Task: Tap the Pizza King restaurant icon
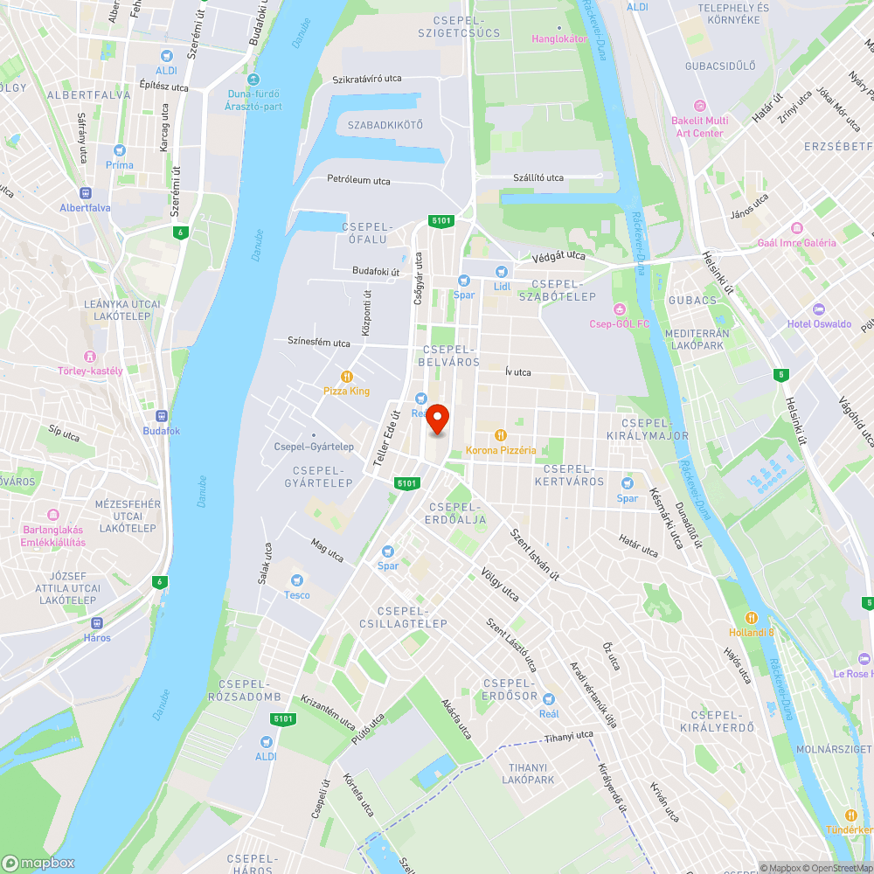click(x=347, y=376)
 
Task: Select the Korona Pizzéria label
click(x=501, y=449)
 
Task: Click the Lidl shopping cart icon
click(x=501, y=271)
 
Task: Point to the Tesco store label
click(x=297, y=595)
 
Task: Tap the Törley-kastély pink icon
click(x=90, y=356)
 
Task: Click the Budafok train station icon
click(x=162, y=416)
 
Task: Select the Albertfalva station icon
click(x=85, y=193)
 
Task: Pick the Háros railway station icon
click(x=97, y=623)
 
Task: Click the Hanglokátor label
click(x=559, y=38)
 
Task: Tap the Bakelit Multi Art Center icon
click(x=698, y=106)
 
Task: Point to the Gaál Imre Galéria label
click(x=797, y=243)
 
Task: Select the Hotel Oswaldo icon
click(x=818, y=309)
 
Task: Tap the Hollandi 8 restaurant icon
click(x=751, y=617)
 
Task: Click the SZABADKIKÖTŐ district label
click(x=385, y=125)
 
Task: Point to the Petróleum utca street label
click(x=358, y=180)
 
